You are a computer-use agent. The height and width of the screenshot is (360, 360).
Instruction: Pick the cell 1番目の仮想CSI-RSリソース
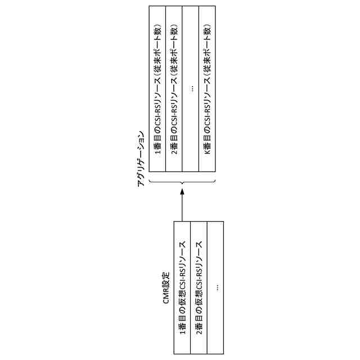[183, 287]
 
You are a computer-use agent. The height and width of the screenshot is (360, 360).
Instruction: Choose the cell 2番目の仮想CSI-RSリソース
[199, 287]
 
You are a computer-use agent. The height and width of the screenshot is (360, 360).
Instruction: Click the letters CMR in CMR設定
[166, 299]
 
